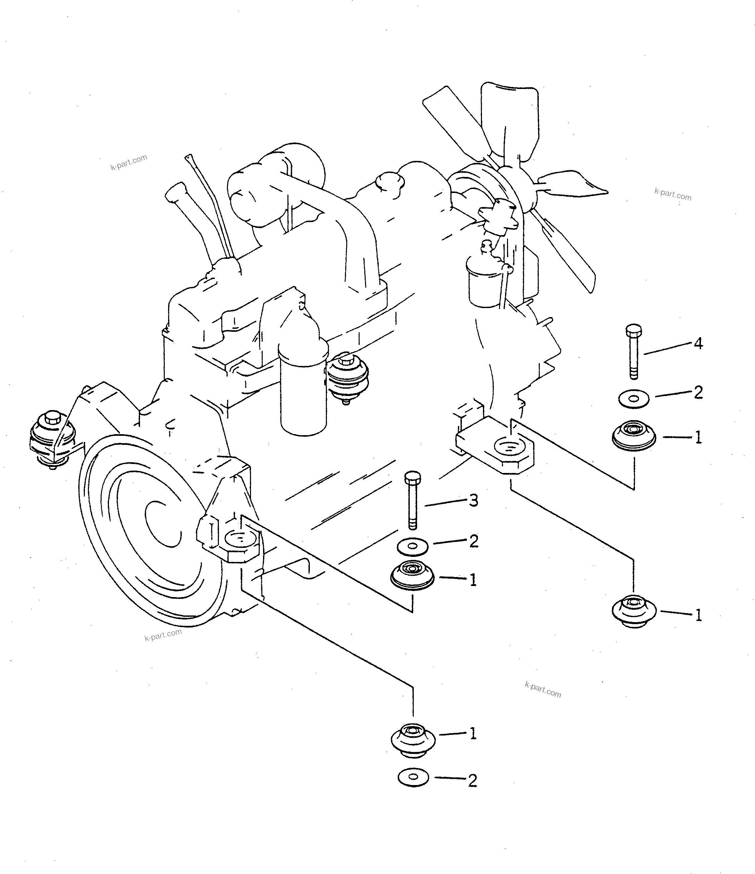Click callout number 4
click(x=698, y=344)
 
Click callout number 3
click(x=474, y=501)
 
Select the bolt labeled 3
click(x=412, y=500)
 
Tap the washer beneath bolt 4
click(x=634, y=398)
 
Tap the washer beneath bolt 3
click(x=413, y=547)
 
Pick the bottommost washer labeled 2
click(x=413, y=777)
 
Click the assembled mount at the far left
click(x=52, y=439)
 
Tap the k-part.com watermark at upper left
click(x=129, y=163)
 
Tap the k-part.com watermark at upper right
click(x=673, y=194)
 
